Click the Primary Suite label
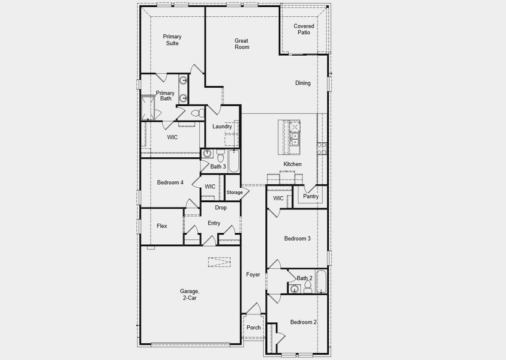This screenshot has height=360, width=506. pos(172,40)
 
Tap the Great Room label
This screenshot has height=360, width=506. pos(241,44)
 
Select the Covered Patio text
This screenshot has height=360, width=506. pos(304,29)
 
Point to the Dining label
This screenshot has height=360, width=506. pos(303,83)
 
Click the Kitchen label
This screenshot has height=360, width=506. pos(292,164)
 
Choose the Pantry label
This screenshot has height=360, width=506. pos(310,196)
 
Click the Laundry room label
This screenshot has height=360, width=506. pos(222,127)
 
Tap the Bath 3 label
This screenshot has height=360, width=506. pos(218,167)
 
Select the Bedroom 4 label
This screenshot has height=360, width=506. pos(170,182)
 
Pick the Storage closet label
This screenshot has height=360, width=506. pos(235,193)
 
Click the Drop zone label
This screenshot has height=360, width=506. pos(220,208)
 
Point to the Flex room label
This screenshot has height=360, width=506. pos(161,226)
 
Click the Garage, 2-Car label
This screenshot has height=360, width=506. pos(188,294)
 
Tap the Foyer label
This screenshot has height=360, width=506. pos(253,275)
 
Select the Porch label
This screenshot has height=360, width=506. pos(253,328)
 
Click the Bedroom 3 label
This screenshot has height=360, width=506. pos(297,239)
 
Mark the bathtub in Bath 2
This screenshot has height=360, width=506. pos(319,281)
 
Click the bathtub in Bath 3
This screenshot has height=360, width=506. pos(233,160)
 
